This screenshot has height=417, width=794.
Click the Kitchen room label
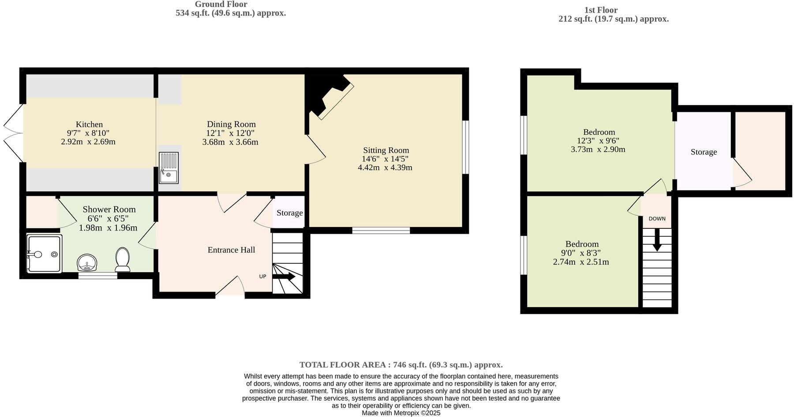point(89,125)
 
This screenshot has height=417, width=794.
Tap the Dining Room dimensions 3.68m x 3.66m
point(230,142)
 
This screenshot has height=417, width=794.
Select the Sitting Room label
point(386,150)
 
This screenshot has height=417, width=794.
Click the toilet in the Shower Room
point(122,259)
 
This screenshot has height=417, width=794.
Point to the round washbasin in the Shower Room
point(87,263)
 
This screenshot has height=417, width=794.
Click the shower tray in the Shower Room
point(44,254)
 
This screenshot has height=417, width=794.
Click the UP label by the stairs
point(262,277)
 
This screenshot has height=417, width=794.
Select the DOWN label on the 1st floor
point(657,219)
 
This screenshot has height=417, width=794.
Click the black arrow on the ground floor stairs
point(285,277)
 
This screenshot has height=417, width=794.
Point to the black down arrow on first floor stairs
point(657,241)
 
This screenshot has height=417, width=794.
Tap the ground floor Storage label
point(289,213)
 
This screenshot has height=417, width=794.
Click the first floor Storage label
point(704,152)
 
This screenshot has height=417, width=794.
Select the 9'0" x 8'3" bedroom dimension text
point(581,253)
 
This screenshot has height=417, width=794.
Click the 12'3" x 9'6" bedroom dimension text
point(598,141)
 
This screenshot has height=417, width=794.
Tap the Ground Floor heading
point(221,4)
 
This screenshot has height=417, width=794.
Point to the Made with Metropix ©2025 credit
point(401,413)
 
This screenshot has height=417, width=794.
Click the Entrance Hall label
point(231,250)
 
